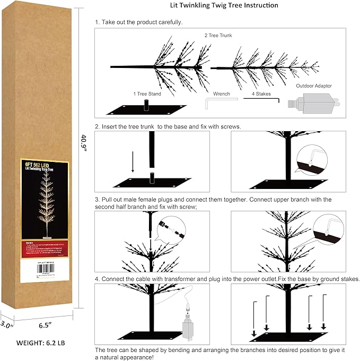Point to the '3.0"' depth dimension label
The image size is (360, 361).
pos(7,323)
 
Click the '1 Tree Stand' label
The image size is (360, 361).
pos(147,93)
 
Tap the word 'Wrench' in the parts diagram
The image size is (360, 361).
pos(222,93)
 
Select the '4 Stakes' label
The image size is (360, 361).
pos(261,93)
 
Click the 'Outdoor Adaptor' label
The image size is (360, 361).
pos(314,85)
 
